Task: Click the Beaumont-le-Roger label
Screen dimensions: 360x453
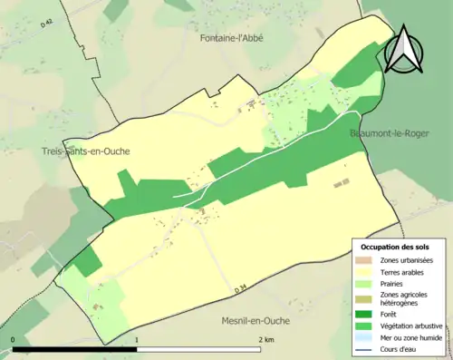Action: coord(387,133)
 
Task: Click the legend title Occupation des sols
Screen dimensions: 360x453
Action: coord(395,247)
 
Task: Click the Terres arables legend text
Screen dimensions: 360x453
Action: coord(405,271)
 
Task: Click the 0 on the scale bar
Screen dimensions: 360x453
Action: coord(13,339)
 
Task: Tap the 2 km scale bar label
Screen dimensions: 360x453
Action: coord(265,339)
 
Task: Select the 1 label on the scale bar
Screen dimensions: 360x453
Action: coord(137,339)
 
